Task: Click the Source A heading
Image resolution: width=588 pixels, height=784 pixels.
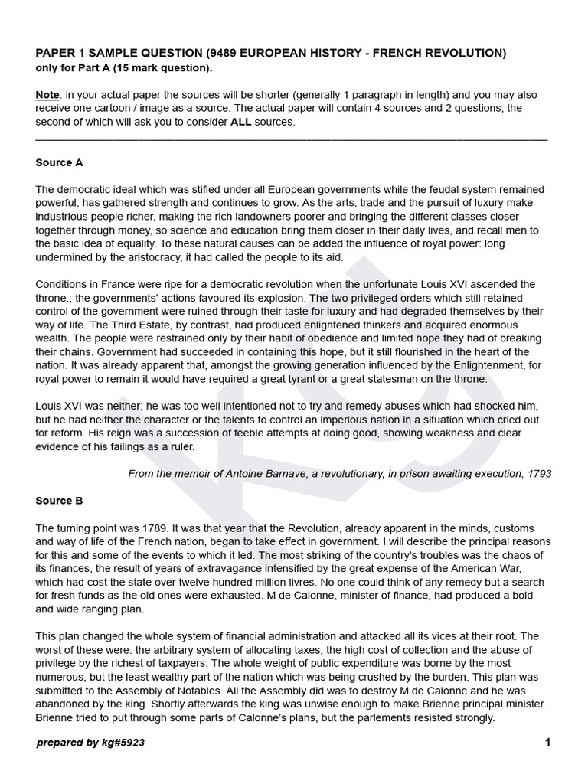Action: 59,163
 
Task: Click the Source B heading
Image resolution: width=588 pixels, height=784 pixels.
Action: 59,501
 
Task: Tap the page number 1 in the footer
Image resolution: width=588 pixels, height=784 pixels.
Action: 547,743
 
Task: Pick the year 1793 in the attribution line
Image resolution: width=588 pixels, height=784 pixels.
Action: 539,474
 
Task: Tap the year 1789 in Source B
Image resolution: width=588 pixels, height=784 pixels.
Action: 133,529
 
